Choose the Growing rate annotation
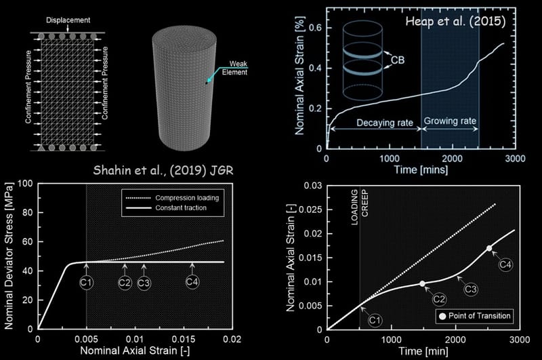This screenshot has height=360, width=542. click(x=450, y=123)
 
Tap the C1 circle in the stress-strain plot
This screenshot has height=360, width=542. click(x=86, y=283)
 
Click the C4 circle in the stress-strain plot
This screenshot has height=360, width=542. click(x=192, y=283)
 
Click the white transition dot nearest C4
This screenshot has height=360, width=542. click(x=489, y=248)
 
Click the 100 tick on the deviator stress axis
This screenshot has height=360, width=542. click(x=27, y=183)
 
